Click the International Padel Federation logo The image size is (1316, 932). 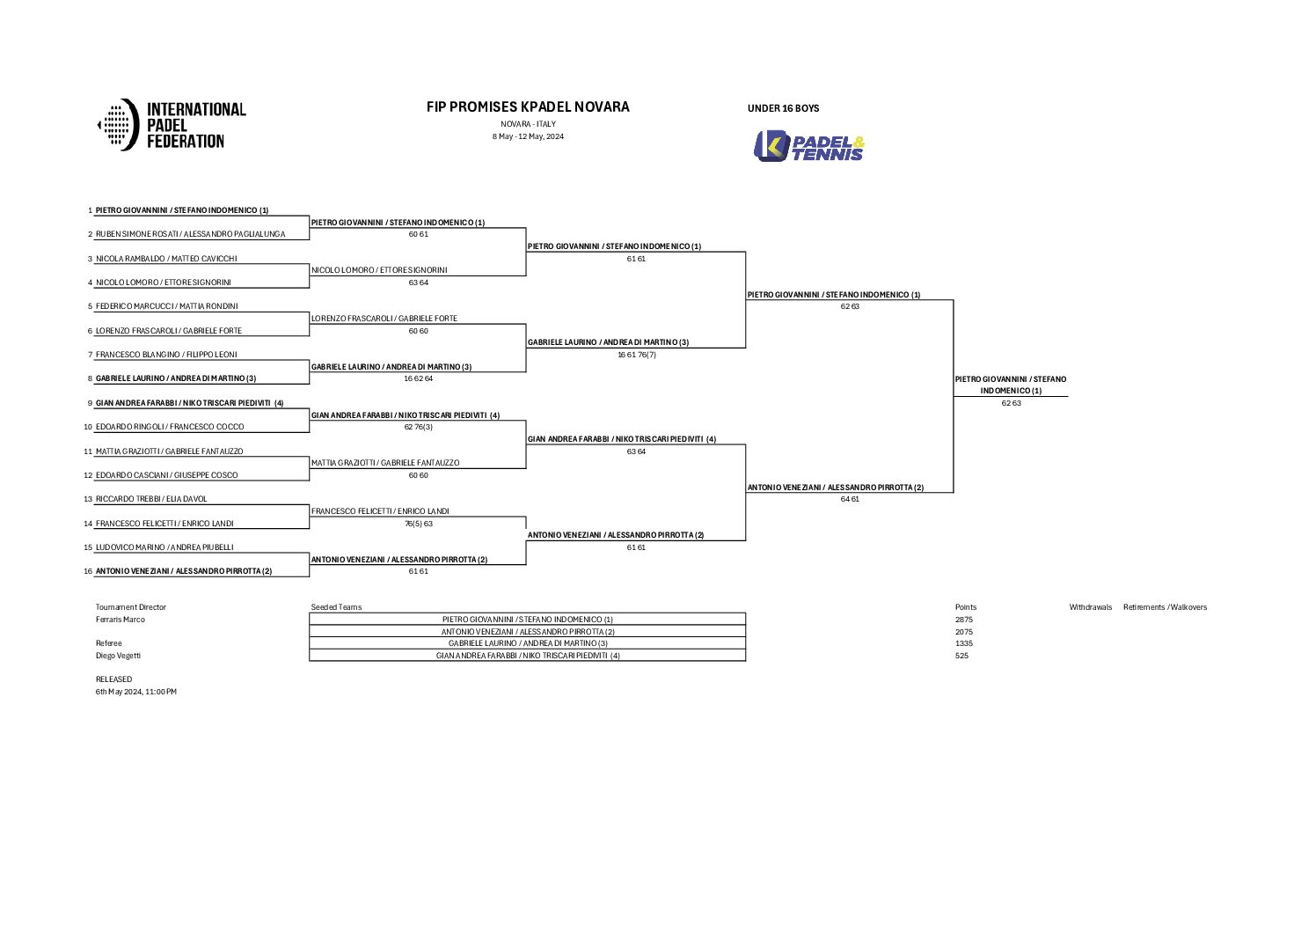(x=172, y=124)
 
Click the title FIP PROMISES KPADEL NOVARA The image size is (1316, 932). (x=528, y=106)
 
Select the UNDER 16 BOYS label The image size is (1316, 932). (x=783, y=108)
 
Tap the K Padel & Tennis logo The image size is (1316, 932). (x=809, y=146)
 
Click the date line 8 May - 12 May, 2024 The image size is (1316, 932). (x=528, y=136)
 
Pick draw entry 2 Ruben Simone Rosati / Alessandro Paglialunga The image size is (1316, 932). (x=190, y=234)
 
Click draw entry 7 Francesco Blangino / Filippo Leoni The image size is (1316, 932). (x=166, y=355)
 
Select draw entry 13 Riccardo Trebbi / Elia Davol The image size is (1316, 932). (x=151, y=499)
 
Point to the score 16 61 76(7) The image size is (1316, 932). (x=636, y=355)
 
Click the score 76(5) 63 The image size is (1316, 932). (x=418, y=524)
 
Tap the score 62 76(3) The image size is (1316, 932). (x=418, y=427)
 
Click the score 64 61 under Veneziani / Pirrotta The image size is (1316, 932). (x=849, y=499)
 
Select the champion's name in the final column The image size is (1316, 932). (x=1011, y=385)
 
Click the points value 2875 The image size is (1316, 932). (x=964, y=620)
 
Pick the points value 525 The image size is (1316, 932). (x=961, y=656)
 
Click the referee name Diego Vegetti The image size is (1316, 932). (x=118, y=656)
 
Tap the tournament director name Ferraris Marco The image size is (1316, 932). (x=121, y=620)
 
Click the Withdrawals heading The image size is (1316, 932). (x=1090, y=607)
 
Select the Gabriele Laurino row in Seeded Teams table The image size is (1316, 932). (x=528, y=643)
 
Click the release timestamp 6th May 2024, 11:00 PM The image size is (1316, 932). (x=136, y=692)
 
